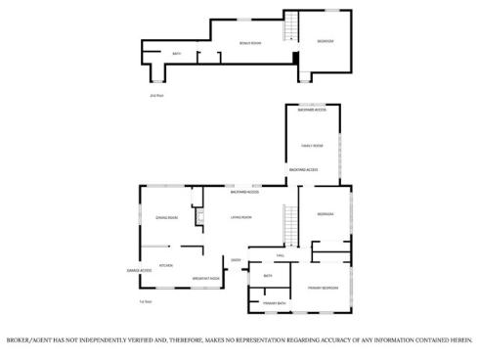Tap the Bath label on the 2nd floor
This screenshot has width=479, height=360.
(x=177, y=54)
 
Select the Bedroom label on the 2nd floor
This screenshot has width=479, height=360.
(x=326, y=40)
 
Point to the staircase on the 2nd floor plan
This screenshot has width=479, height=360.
(x=289, y=27)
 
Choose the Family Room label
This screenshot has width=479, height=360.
(x=311, y=146)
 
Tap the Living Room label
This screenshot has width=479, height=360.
(x=240, y=217)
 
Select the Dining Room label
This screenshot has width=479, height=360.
(x=166, y=217)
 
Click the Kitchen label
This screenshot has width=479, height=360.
(x=166, y=264)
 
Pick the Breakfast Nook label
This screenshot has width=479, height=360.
(x=205, y=279)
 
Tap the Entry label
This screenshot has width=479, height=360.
(x=236, y=260)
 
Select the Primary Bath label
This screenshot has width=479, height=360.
(x=274, y=304)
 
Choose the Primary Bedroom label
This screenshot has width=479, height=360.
(x=324, y=288)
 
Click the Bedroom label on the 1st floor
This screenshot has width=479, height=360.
(x=326, y=214)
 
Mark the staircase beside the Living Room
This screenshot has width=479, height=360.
(x=288, y=227)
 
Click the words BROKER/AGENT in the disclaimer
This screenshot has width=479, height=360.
(x=29, y=339)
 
